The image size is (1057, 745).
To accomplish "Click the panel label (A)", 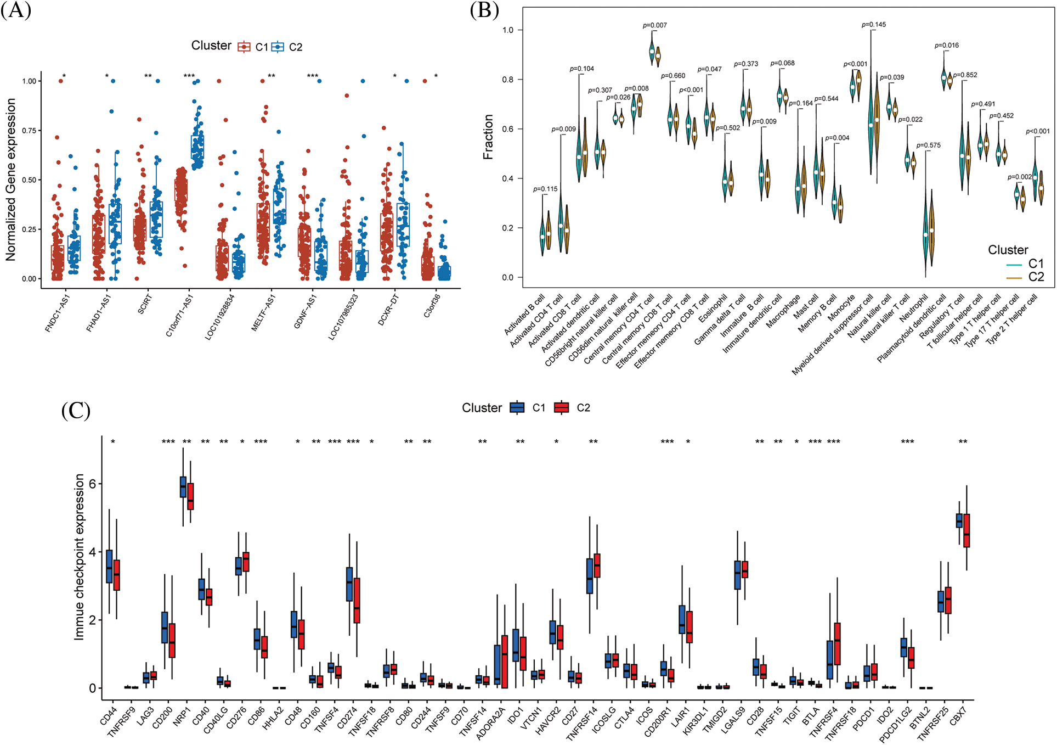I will (x=16, y=10).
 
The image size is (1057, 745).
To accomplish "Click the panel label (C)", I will (x=76, y=410).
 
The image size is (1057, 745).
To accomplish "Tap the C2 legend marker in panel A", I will (x=278, y=47).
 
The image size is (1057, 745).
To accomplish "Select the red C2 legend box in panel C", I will (x=561, y=407).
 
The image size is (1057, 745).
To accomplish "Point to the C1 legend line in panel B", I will (x=1014, y=265).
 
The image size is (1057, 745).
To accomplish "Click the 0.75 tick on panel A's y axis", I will (x=29, y=131).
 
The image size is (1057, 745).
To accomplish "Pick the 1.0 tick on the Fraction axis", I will (x=508, y=30).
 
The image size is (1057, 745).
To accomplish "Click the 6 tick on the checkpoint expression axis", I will (x=92, y=484).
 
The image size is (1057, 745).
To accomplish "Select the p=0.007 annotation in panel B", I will (x=655, y=25).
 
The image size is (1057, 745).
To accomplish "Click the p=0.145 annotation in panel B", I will (x=874, y=25).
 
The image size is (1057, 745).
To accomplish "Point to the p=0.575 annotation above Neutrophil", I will (x=928, y=145).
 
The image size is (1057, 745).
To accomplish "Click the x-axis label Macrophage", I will (x=783, y=312).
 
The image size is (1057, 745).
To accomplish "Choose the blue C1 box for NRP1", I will (x=183, y=487).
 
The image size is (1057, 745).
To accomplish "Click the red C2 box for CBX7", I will (x=966, y=530).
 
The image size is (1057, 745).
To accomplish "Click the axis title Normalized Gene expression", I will (x=10, y=180).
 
